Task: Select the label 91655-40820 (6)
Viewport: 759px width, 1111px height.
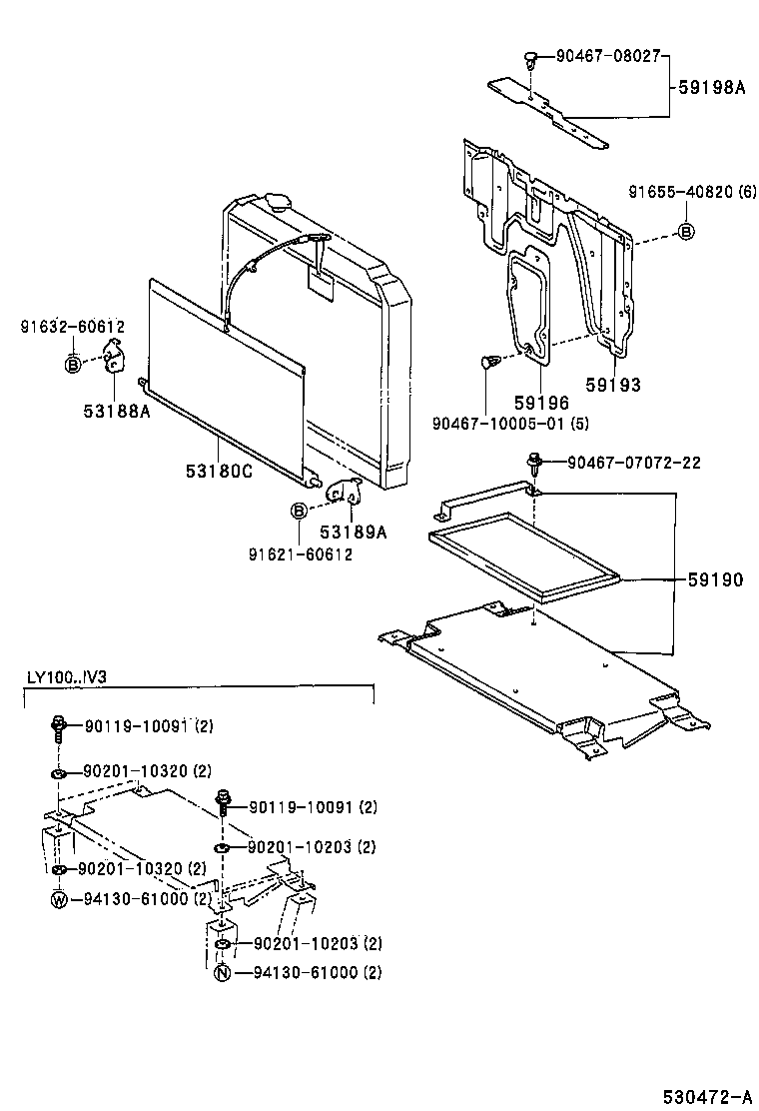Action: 692,191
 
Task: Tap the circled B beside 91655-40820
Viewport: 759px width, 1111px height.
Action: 686,232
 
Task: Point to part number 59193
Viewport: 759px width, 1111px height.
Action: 613,385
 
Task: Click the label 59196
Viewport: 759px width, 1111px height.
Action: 541,402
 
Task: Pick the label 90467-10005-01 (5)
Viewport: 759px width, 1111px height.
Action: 509,423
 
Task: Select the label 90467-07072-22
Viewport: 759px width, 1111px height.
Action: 634,462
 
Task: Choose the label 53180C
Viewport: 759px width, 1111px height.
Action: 219,471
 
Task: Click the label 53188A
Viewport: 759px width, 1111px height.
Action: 117,408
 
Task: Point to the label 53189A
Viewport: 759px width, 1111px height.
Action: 353,532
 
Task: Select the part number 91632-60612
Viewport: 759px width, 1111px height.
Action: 72,326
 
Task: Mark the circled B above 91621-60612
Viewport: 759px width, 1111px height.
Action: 298,512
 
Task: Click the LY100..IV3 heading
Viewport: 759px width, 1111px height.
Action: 67,677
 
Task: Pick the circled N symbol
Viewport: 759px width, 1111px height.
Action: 222,972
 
